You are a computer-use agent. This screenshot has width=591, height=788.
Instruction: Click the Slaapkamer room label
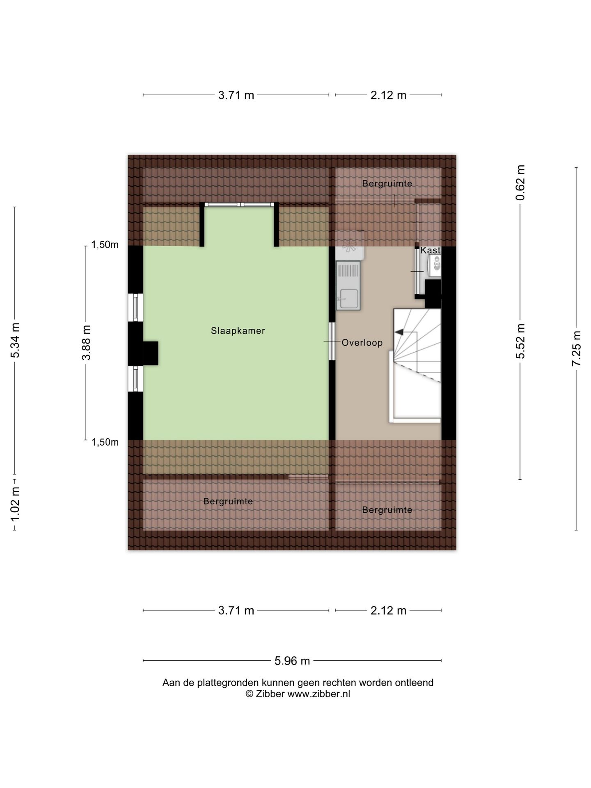coord(238,330)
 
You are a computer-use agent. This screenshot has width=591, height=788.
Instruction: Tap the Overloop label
coord(362,342)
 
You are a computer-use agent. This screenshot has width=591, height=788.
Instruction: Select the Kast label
coord(431,250)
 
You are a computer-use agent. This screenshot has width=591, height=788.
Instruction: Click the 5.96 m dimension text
coord(292,661)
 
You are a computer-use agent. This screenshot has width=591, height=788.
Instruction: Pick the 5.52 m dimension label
coord(520,341)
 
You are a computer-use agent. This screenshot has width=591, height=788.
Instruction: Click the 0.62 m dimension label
coord(520,182)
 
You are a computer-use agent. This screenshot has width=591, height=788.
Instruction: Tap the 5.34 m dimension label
coord(15,340)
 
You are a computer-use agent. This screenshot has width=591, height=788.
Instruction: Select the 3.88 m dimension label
coord(86,342)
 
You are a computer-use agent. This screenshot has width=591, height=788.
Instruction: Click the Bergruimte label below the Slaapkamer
coord(228,501)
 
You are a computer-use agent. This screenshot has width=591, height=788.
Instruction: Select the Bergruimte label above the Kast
coord(387,183)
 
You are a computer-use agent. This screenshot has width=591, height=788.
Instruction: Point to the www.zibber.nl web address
coord(318,694)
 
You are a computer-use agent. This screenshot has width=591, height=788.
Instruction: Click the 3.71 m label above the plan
coord(236,95)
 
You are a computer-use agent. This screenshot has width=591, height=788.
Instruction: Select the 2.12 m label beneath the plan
coord(388,610)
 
